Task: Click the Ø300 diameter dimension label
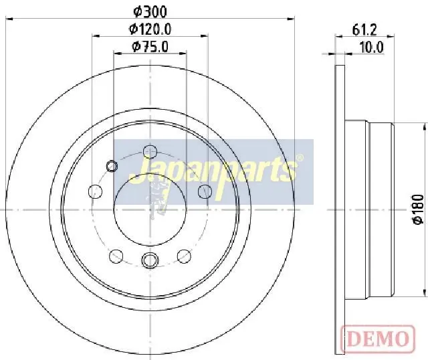tap(150, 11)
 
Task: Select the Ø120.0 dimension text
tap(150, 29)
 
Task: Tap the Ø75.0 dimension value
tap(150, 46)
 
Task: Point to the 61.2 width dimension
tap(364, 29)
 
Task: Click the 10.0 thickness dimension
tap(372, 48)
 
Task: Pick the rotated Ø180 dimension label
tap(418, 209)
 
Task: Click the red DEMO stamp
tap(378, 338)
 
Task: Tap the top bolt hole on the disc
tap(150, 152)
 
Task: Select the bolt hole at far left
tap(95, 191)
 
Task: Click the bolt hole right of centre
tap(205, 191)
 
